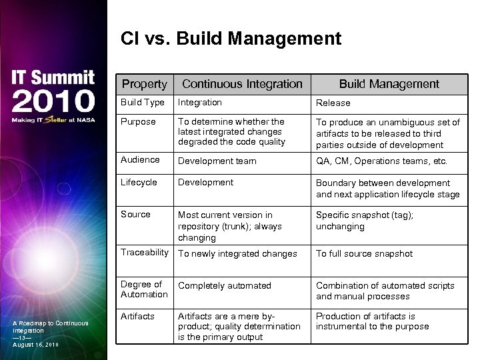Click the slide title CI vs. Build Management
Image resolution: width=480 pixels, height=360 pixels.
(x=231, y=39)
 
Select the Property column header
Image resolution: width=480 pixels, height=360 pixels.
(x=144, y=84)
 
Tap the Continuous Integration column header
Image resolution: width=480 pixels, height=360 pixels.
(x=242, y=84)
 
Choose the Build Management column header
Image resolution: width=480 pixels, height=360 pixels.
(x=389, y=84)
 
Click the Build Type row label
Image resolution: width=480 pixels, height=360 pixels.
(x=142, y=103)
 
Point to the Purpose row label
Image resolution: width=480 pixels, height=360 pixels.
(x=138, y=121)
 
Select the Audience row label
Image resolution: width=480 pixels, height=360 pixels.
(x=140, y=160)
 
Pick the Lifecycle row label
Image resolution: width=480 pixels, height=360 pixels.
(x=139, y=182)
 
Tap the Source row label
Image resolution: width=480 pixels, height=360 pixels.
(x=135, y=214)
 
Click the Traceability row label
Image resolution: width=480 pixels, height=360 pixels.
(x=145, y=253)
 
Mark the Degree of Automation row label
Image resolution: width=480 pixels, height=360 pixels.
(x=144, y=289)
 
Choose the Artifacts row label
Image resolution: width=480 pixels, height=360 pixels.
(x=137, y=316)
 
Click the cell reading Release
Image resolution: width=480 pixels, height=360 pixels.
(x=333, y=103)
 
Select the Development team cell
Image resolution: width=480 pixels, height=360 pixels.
(x=217, y=161)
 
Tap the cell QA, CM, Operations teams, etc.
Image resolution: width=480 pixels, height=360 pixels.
(x=381, y=161)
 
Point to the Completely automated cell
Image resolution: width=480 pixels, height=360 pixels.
(x=225, y=286)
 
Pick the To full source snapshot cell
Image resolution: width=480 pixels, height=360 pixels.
(x=364, y=254)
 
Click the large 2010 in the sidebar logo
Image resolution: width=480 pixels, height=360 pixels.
(x=53, y=102)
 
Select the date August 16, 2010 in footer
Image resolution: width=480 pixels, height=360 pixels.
(x=36, y=345)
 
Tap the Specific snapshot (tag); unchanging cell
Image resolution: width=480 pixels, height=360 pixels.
(x=364, y=221)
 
